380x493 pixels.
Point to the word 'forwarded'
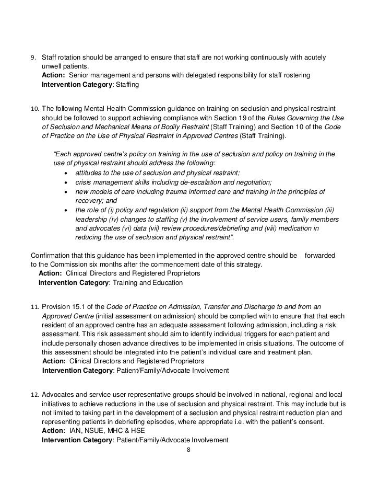point(320,256)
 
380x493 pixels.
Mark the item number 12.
point(35,394)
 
